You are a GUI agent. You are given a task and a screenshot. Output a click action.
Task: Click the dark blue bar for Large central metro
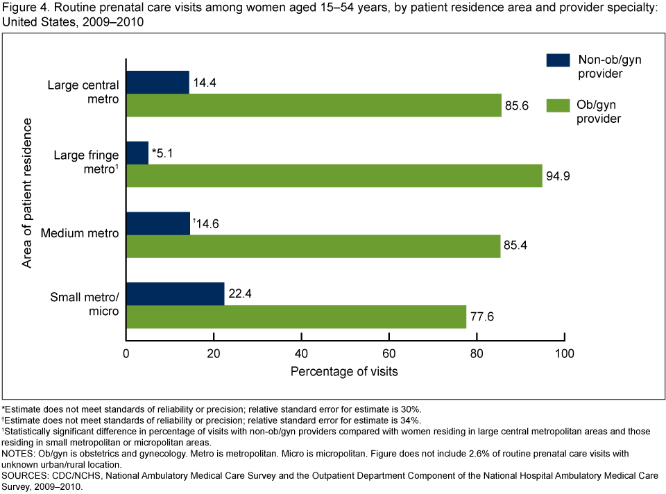[157, 82]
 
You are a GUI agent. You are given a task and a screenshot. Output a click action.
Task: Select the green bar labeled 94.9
[334, 176]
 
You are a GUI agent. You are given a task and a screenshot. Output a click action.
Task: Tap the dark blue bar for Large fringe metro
[137, 153]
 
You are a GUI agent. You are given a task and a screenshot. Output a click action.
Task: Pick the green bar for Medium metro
[313, 246]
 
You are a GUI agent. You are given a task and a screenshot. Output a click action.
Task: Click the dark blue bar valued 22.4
[175, 293]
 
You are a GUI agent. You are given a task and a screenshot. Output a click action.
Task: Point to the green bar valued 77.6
[296, 317]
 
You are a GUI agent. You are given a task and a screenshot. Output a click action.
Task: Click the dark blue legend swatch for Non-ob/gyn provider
[558, 60]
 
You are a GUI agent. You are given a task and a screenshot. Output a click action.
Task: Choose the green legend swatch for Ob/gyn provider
[558, 105]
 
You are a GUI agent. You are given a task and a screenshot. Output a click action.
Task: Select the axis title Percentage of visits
[344, 371]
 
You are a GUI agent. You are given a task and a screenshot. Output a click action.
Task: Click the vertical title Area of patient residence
[28, 193]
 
